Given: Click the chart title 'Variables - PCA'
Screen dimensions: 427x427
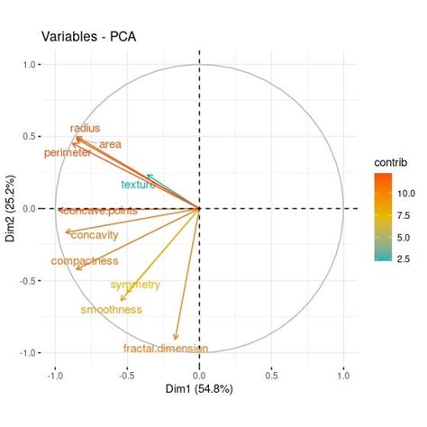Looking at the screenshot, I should click(x=88, y=37).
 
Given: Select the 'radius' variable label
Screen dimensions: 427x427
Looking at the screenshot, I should click(x=85, y=129).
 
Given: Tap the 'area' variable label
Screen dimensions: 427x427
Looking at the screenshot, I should click(x=110, y=144).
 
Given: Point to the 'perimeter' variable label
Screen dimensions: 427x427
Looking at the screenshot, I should click(x=68, y=154).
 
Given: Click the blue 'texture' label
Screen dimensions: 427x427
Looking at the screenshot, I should click(x=138, y=185).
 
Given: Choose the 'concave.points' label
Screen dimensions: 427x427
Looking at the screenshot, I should click(x=101, y=211).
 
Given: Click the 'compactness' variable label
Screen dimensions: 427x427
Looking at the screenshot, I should click(x=85, y=261).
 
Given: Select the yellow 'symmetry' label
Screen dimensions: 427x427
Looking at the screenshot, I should click(x=135, y=285).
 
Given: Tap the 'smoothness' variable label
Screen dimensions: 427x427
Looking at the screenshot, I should click(x=111, y=310).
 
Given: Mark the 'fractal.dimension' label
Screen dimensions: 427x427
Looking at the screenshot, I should click(x=166, y=348).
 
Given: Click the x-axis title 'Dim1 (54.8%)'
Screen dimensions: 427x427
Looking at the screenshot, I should click(x=199, y=390).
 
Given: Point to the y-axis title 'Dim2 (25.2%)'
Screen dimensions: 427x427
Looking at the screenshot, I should click(x=11, y=208).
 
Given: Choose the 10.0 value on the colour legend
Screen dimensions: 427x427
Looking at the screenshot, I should click(x=404, y=193).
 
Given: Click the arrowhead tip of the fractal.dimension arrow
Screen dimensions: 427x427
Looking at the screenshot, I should click(x=176, y=341).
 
